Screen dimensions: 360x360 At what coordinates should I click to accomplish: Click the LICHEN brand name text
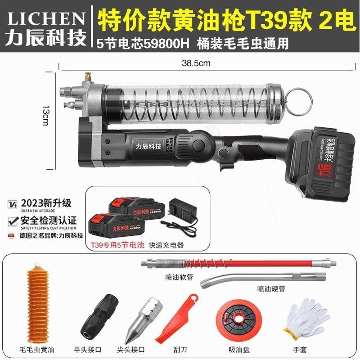point(46,19)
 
